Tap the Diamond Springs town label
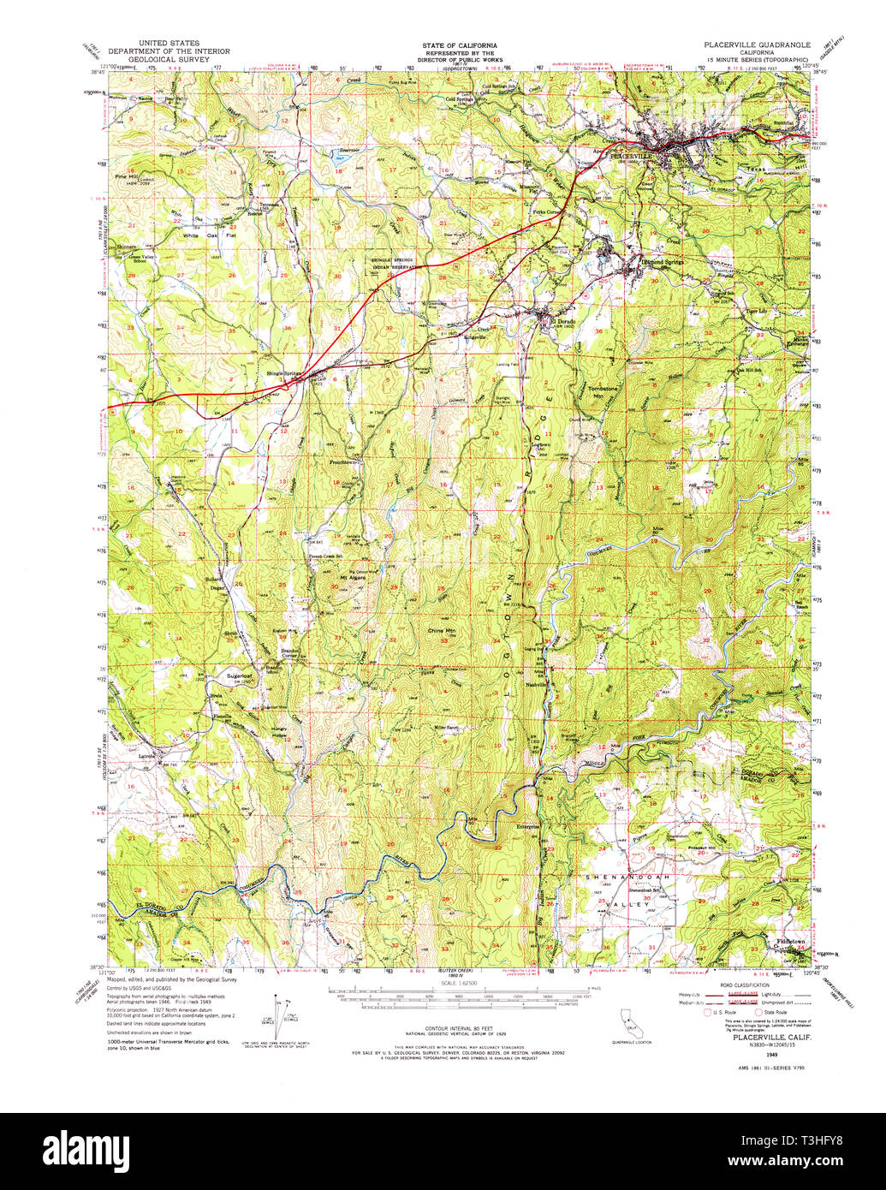pos(663,262)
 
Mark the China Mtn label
pos(442,630)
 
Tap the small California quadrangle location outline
pos(632,1019)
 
